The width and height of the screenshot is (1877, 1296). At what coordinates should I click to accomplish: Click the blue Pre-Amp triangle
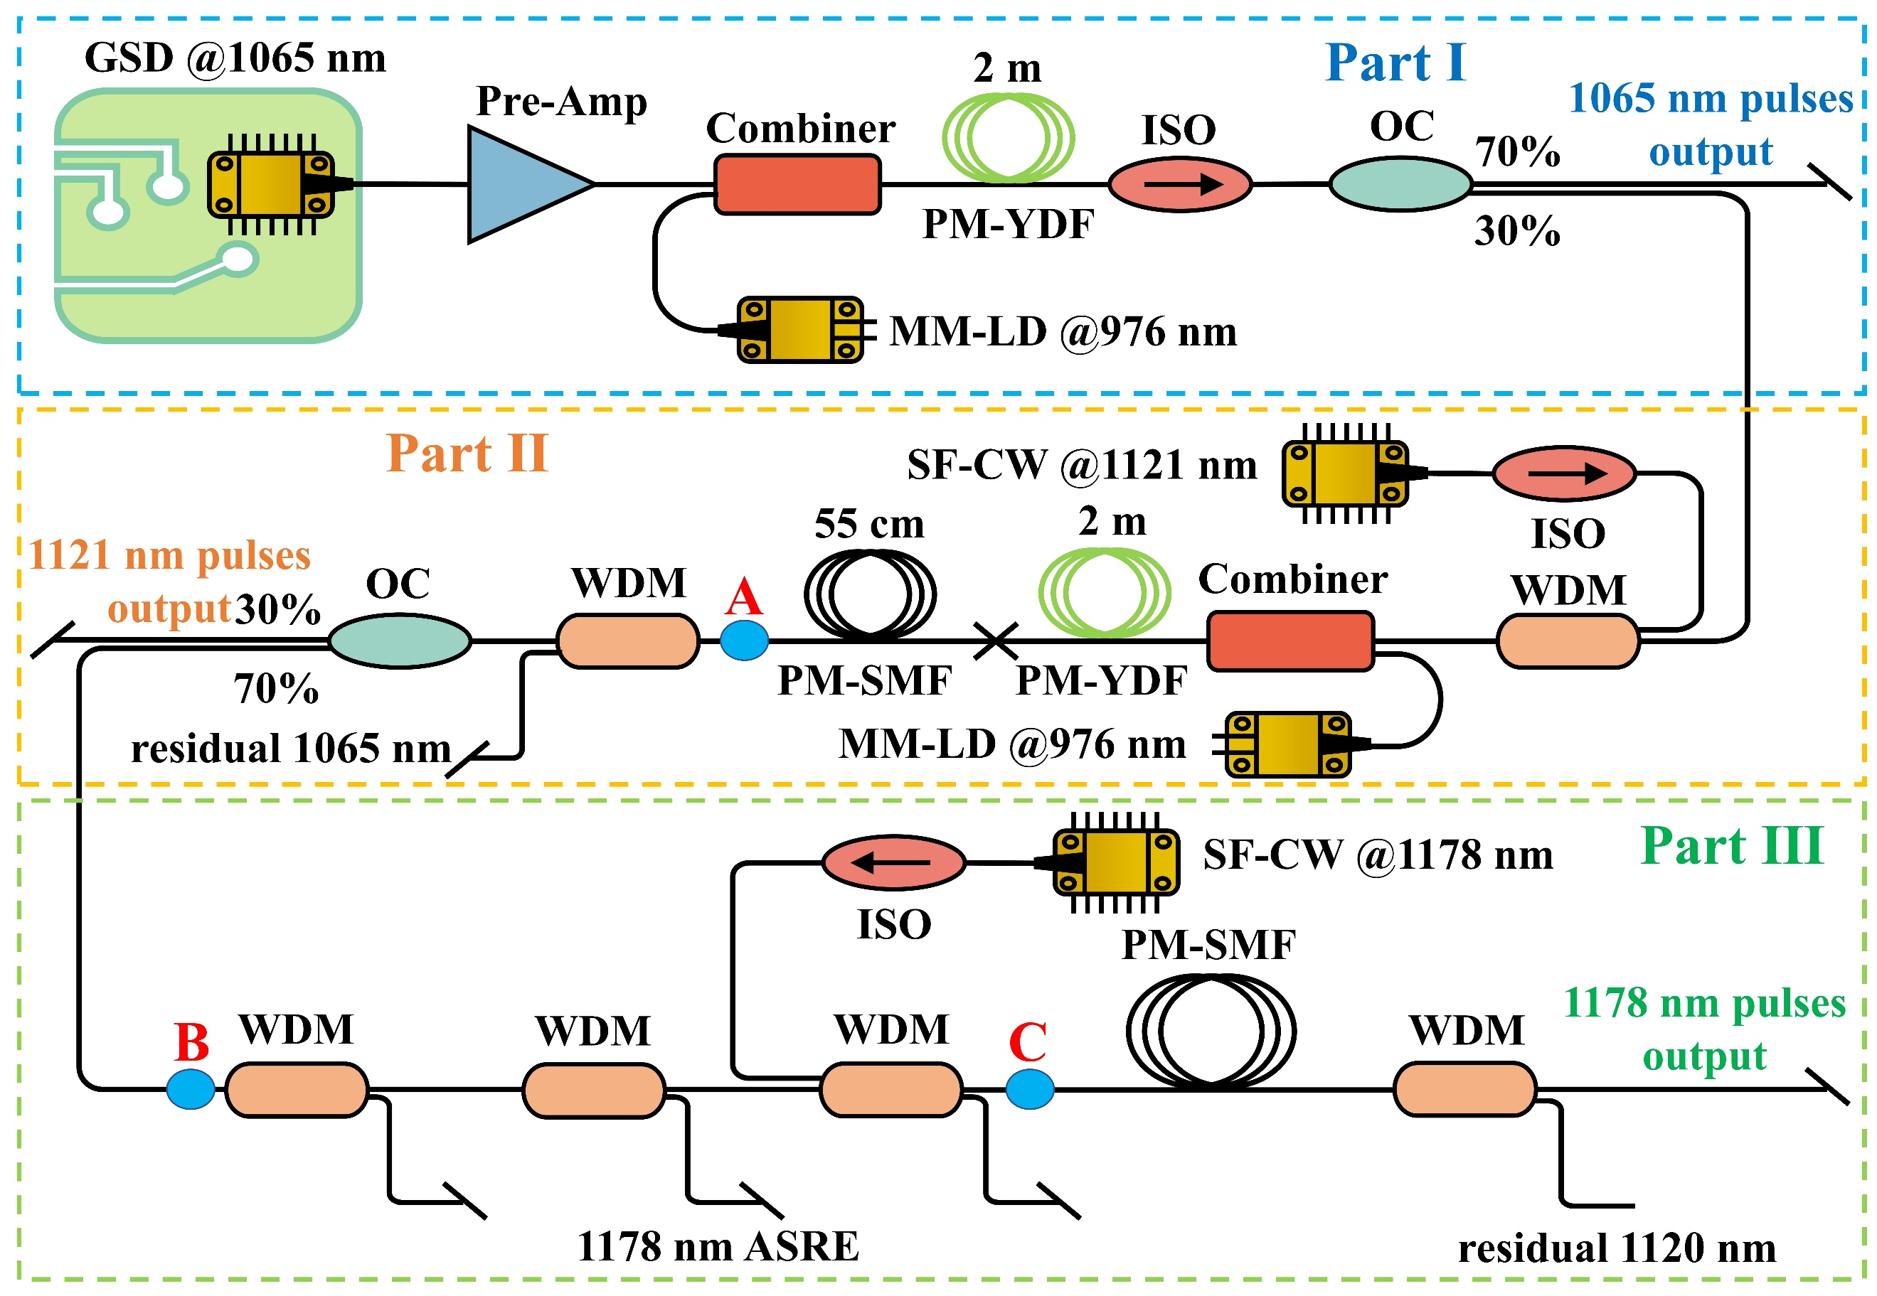click(x=520, y=184)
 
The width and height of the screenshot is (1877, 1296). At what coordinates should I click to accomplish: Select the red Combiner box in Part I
click(x=796, y=184)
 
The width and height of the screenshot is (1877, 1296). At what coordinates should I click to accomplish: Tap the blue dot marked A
click(x=743, y=640)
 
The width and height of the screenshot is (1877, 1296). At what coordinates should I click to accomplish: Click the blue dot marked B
click(x=191, y=1089)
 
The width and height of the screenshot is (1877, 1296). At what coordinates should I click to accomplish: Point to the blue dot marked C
click(x=1029, y=1089)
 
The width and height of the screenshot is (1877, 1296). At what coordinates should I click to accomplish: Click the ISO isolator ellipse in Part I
click(x=1179, y=184)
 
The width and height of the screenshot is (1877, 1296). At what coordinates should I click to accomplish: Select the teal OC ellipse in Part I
click(x=1400, y=184)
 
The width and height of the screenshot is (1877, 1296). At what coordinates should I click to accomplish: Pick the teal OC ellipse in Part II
click(x=399, y=640)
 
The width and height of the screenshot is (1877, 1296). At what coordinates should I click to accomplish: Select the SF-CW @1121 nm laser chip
click(x=1344, y=473)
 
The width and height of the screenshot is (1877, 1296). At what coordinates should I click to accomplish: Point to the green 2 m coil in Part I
click(x=1007, y=138)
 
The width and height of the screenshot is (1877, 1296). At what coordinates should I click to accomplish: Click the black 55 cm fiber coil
click(x=869, y=594)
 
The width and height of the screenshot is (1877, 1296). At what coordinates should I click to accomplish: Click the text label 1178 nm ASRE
click(x=717, y=1246)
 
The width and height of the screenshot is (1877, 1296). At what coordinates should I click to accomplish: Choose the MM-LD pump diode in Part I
click(x=800, y=330)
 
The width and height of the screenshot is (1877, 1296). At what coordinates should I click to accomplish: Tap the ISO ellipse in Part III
click(x=893, y=862)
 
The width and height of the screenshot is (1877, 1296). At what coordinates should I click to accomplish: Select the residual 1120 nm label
click(x=1616, y=1248)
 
